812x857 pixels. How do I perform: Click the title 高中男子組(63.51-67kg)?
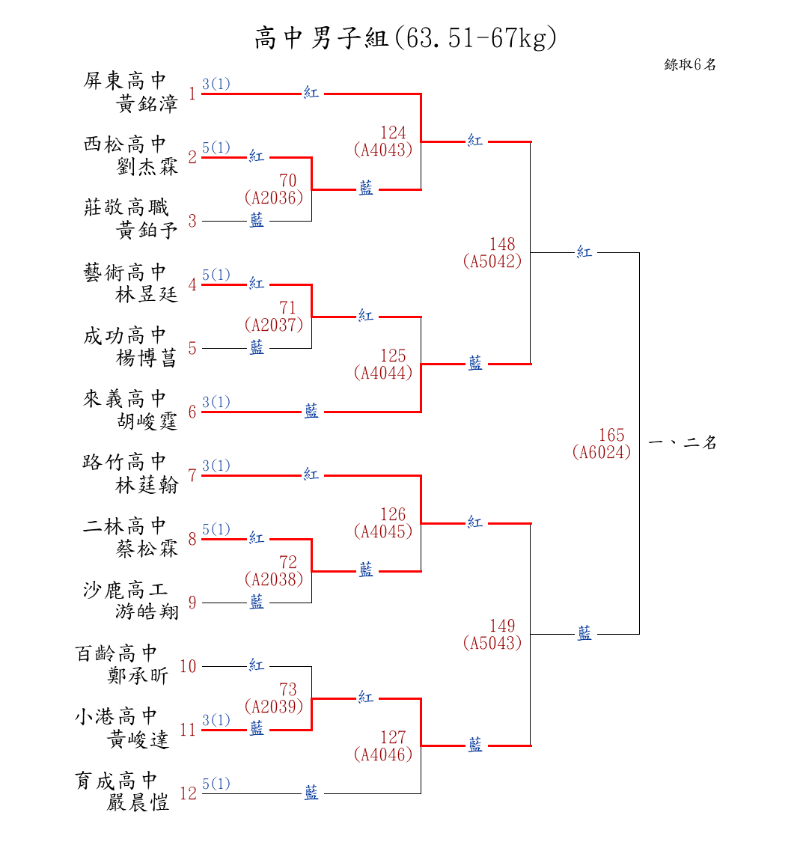[405, 38]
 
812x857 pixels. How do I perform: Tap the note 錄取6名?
[690, 65]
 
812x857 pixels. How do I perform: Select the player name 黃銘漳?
[147, 104]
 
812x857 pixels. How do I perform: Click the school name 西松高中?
[125, 144]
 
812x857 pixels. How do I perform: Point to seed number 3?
[192, 222]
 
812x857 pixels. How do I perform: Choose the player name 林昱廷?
[147, 295]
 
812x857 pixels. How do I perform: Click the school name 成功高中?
[125, 335]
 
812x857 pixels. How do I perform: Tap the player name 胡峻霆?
[147, 422]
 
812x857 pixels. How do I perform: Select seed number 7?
[192, 476]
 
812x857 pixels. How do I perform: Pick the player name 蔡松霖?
[147, 549]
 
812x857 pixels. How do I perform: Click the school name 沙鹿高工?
[125, 590]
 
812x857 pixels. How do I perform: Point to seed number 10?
[188, 667]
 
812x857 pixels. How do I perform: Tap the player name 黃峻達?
[138, 740]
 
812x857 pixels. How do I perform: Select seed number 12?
[188, 794]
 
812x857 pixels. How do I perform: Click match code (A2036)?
[274, 198]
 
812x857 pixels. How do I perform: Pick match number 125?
[393, 356]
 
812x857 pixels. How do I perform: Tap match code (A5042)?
[492, 261]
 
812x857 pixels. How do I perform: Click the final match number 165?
[611, 436]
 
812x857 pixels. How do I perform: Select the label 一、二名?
[683, 443]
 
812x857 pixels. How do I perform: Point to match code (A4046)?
[383, 754]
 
